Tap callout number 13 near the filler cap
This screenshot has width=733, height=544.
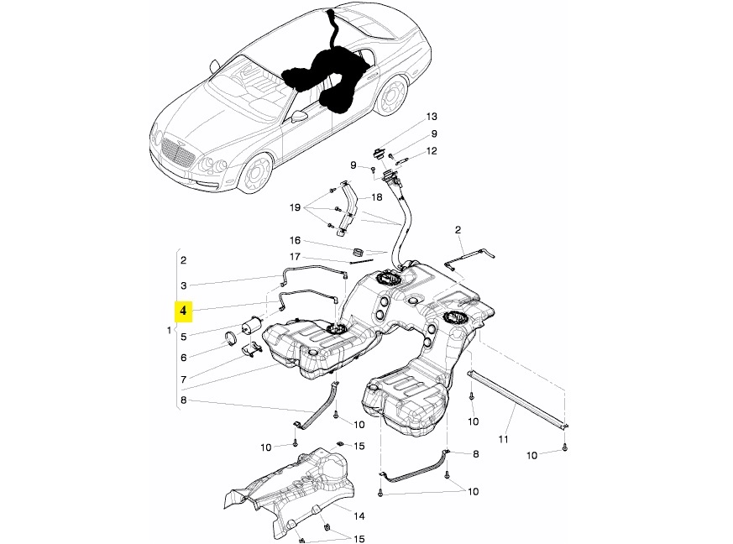(x=432, y=117)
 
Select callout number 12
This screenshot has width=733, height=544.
(x=432, y=151)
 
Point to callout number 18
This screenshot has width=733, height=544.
(x=375, y=197)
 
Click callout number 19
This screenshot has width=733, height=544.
(x=295, y=207)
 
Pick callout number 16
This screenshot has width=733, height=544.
(x=295, y=240)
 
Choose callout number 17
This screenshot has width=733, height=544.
(x=295, y=257)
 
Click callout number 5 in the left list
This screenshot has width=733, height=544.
(x=183, y=338)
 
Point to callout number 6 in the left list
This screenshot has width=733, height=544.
(x=183, y=357)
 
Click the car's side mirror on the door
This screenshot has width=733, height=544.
(x=300, y=117)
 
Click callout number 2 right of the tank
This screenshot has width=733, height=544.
(x=458, y=229)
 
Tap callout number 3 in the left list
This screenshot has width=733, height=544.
(x=183, y=286)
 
